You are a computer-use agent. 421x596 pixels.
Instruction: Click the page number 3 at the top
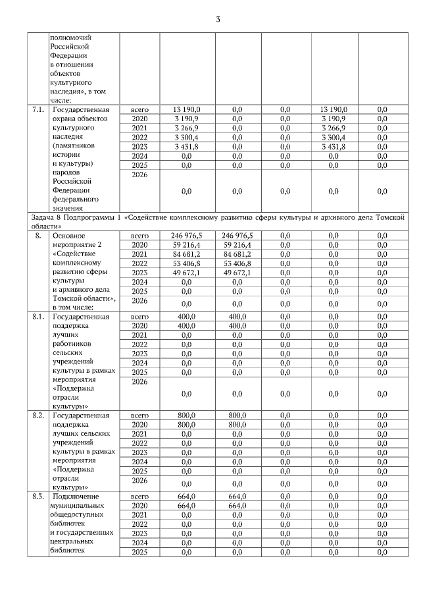coord(218,19)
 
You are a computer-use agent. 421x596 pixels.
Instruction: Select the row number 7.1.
coord(38,109)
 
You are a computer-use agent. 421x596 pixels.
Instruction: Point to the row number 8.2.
coord(38,416)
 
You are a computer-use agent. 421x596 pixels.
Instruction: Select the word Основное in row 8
coord(69,235)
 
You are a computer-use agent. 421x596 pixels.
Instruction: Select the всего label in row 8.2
coord(140,416)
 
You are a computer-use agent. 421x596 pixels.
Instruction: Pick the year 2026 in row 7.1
coord(140,176)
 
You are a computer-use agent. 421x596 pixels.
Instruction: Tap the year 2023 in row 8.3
coord(140,533)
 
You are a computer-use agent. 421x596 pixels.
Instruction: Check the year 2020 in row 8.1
coord(140,325)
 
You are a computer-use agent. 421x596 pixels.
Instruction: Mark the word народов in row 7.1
coord(68,172)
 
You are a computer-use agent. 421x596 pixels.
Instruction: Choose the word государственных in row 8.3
coord(82,532)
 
